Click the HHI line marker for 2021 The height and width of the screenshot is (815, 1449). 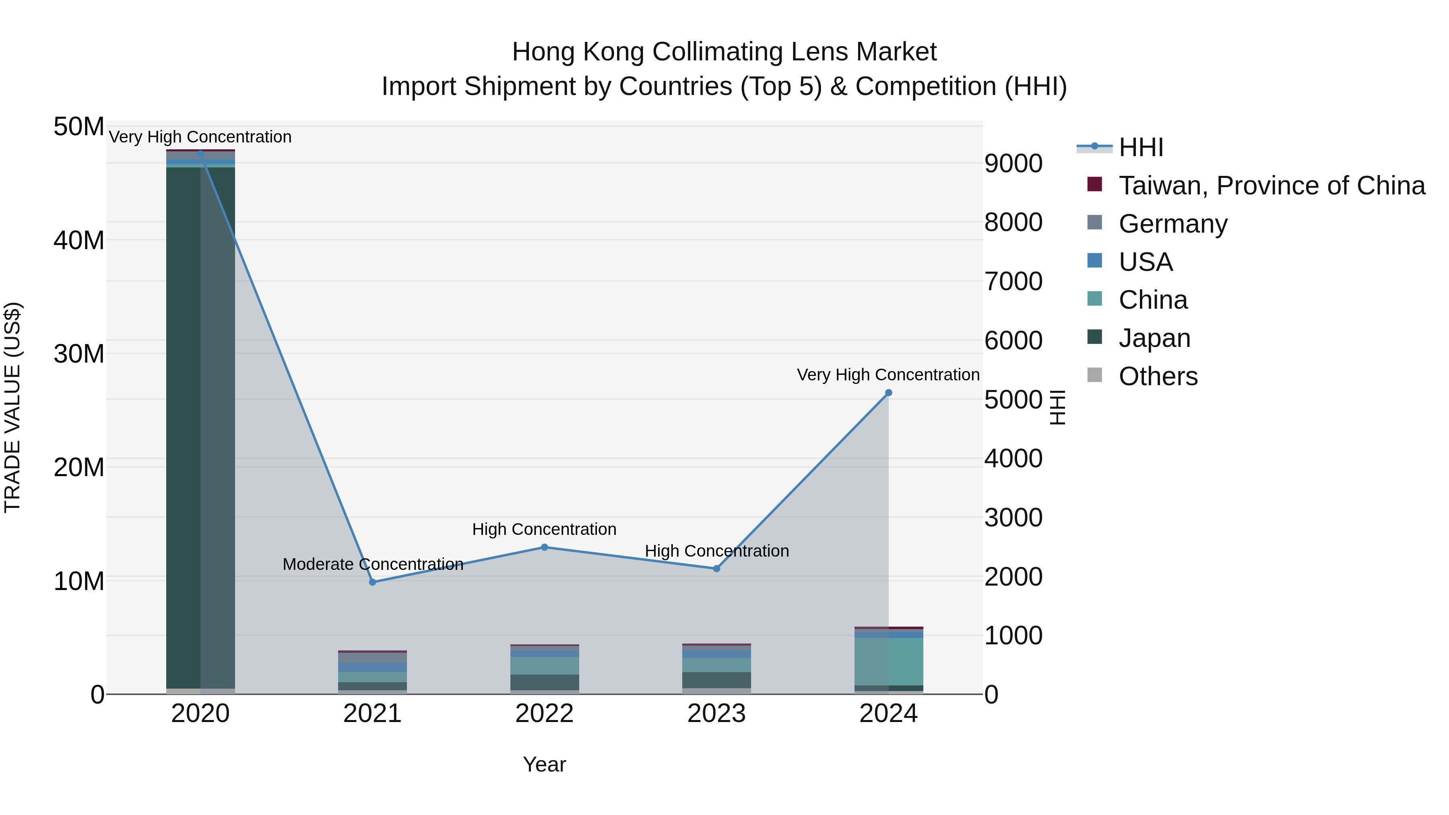[372, 582]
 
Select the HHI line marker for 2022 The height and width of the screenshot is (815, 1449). [545, 547]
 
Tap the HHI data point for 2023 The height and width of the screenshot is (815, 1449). [716, 569]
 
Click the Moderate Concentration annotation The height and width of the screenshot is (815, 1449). [373, 564]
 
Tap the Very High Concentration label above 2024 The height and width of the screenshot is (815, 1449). [888, 375]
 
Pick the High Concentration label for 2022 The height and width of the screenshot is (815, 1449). [544, 529]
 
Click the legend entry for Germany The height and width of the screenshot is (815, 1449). [1173, 224]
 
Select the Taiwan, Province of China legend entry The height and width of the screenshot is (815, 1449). [1271, 186]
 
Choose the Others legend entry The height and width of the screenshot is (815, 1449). [1158, 376]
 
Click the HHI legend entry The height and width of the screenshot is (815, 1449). [1141, 147]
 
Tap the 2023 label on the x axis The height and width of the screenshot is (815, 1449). [716, 714]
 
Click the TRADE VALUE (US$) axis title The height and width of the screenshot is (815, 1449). [12, 407]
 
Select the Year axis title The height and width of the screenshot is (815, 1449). [544, 764]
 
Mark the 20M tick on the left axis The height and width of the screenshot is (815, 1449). [79, 467]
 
